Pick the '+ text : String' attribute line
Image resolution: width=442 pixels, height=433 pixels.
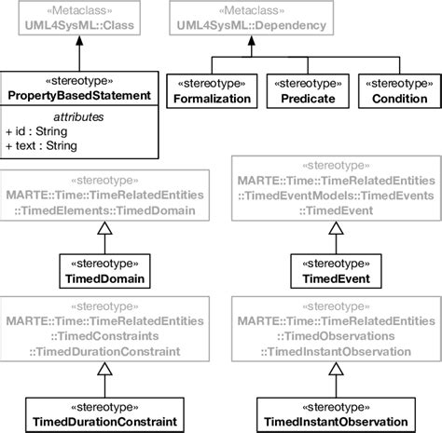pos(42,147)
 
